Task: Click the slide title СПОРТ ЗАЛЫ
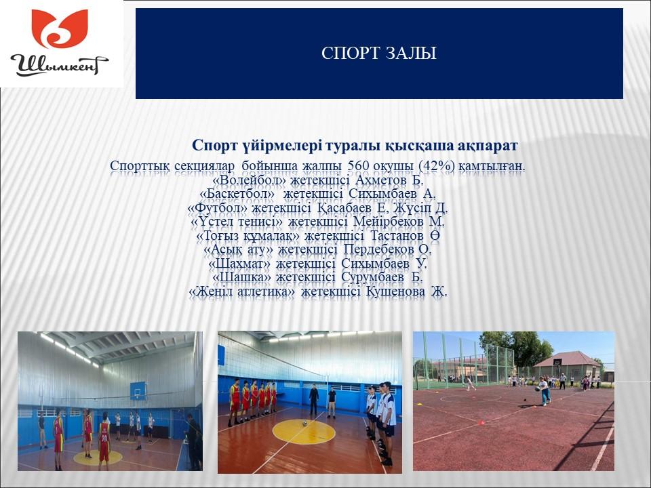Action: coord(378,53)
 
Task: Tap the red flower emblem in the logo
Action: coord(60,28)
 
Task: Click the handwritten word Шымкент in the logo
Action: coord(60,65)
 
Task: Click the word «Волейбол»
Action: coord(250,180)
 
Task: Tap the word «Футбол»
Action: coord(218,208)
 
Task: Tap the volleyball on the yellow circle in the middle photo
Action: coord(304,424)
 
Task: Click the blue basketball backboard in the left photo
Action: coord(138,391)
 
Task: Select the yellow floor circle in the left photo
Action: coord(98,457)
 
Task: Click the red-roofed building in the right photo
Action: coord(567,365)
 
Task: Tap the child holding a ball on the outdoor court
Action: coord(544,390)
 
